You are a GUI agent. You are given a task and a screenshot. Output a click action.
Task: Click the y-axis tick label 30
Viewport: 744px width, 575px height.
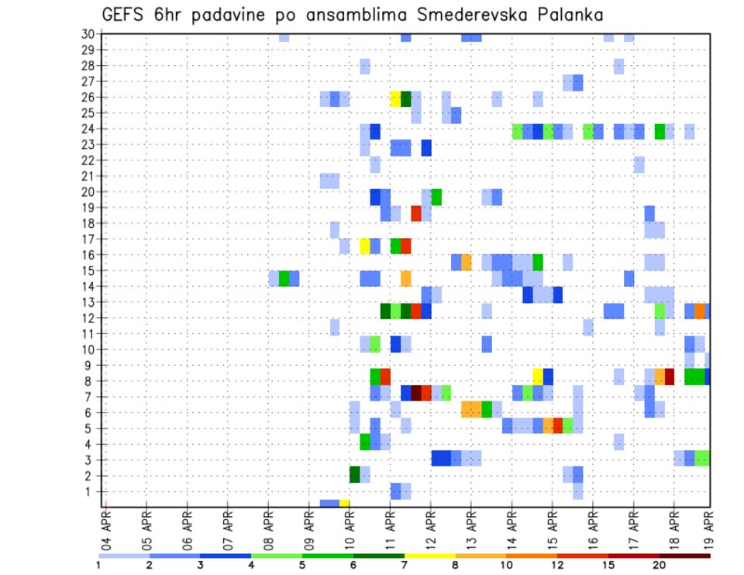point(88,34)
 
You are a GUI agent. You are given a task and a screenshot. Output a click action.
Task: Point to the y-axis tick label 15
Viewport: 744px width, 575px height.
point(88,270)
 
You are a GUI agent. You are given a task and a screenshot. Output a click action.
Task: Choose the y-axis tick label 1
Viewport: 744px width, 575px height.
point(91,491)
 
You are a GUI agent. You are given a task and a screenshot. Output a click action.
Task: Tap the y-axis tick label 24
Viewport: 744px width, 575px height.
point(88,129)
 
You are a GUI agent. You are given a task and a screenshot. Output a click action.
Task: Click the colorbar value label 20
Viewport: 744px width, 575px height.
point(660,565)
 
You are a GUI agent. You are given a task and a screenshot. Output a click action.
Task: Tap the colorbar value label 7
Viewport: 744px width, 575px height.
point(405,565)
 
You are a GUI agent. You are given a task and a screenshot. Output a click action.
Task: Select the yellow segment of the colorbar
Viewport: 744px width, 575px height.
point(429,556)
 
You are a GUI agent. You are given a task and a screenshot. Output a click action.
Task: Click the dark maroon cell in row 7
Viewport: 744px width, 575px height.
point(416,393)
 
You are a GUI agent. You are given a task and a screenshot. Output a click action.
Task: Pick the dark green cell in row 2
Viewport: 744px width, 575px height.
point(355,474)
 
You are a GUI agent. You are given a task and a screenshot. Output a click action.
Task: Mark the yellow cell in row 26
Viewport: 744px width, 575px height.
point(395,98)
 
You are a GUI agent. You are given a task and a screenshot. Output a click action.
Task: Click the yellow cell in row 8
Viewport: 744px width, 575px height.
point(538,377)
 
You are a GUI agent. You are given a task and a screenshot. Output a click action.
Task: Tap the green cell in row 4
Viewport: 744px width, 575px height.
point(365,442)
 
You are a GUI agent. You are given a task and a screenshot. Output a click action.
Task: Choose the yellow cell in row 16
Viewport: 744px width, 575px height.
point(365,246)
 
